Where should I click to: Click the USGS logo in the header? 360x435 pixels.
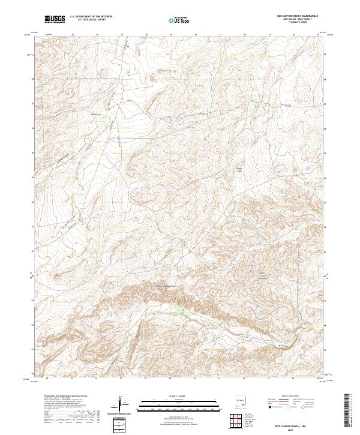(x=55, y=19)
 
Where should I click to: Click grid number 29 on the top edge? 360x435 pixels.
(x=171, y=34)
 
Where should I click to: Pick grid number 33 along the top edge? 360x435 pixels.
(x=269, y=34)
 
